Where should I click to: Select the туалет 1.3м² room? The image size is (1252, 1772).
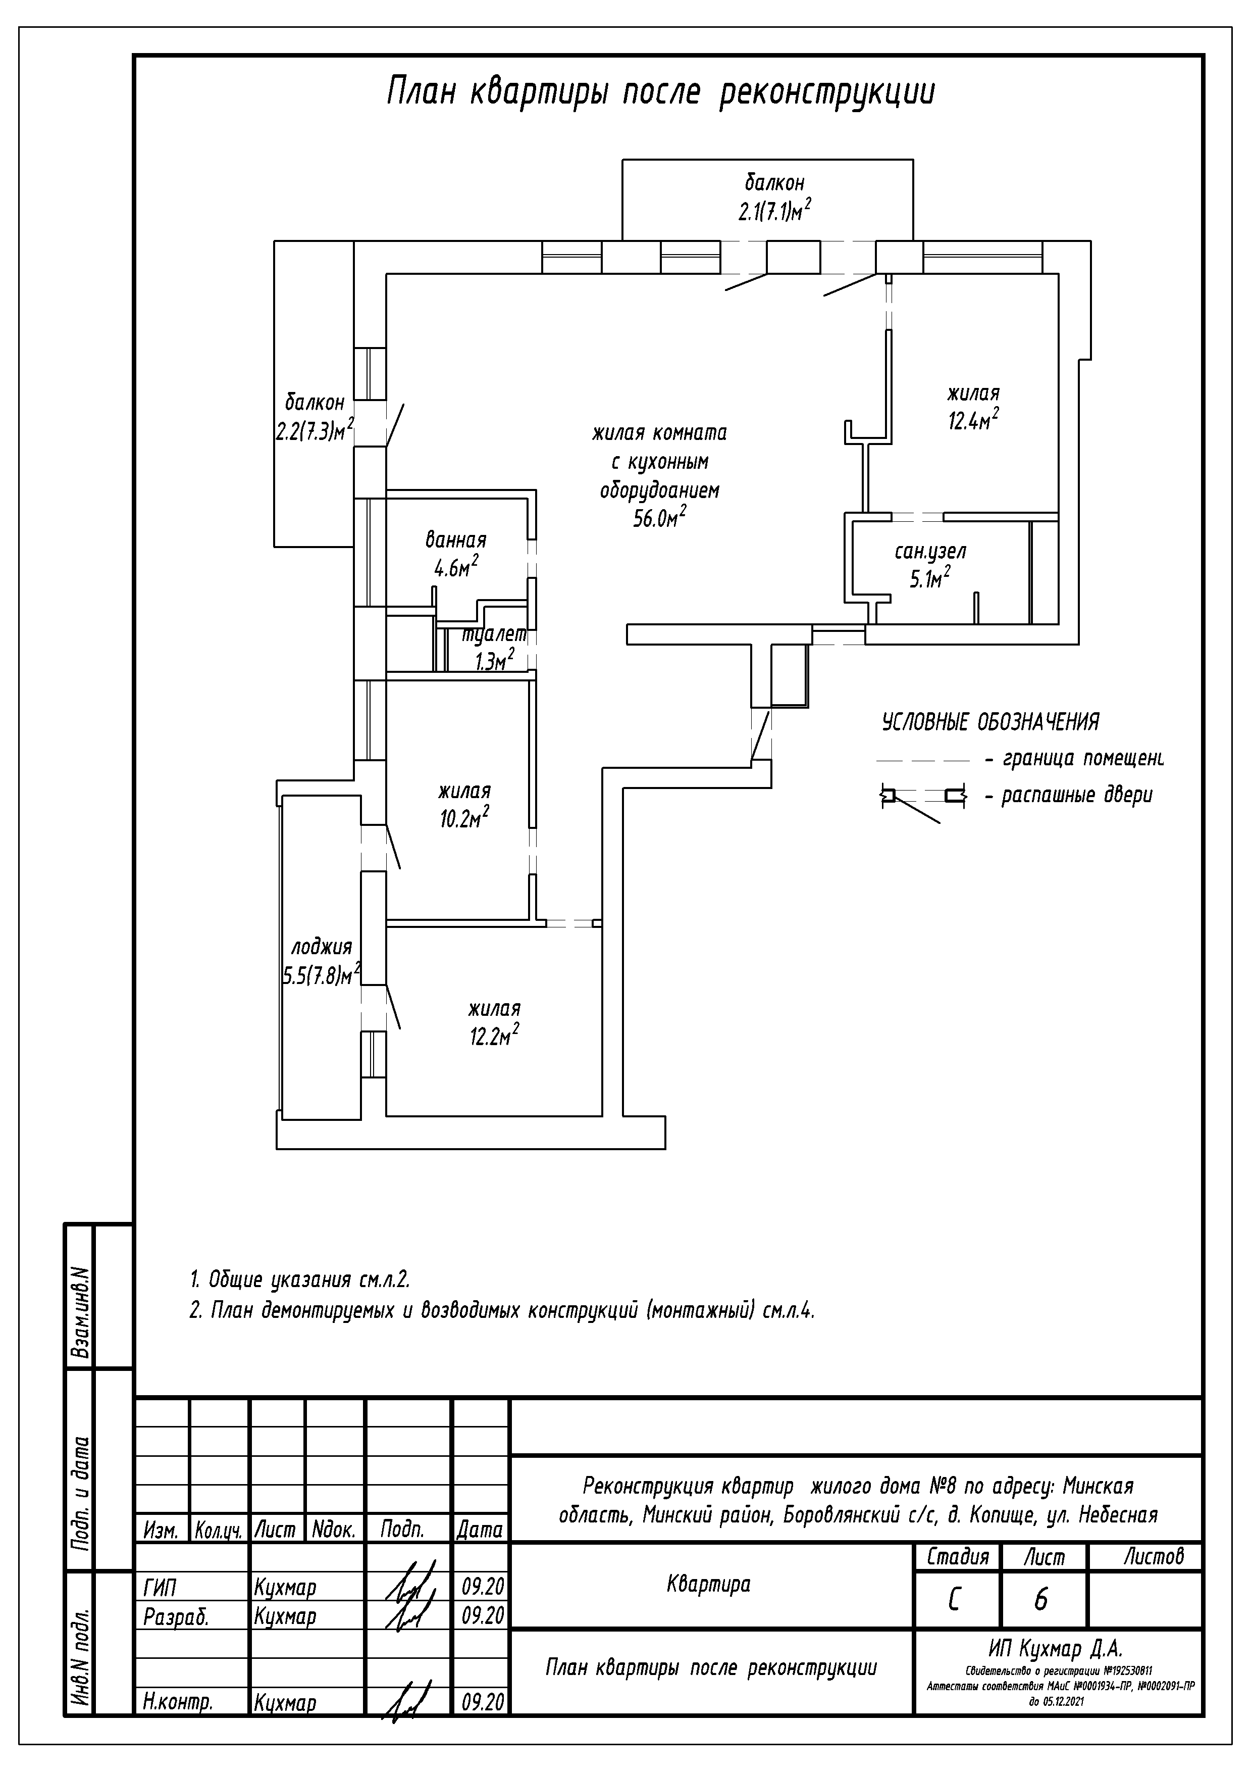pos(494,648)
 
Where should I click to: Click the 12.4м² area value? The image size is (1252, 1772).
pos(973,421)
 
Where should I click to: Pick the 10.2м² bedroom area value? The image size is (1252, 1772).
pos(464,819)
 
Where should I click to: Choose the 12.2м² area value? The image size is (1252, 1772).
pos(494,1036)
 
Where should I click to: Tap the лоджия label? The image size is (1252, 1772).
pos(322,947)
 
